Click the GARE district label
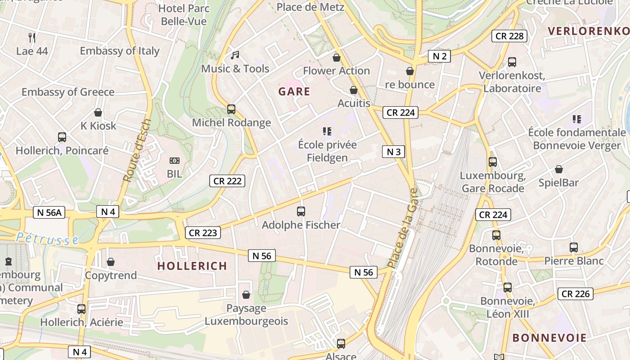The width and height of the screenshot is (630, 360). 294,92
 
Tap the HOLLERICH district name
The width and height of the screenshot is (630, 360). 192,266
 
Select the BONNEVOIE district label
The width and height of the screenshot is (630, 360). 549,338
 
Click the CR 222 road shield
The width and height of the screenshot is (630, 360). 227,181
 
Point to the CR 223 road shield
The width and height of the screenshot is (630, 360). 203,233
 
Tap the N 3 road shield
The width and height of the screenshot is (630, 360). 394,152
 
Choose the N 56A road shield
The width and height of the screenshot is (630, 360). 49,212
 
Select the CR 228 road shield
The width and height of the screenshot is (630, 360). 510,36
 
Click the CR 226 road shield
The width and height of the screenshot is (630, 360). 576,294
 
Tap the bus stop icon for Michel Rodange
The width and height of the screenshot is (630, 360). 231,109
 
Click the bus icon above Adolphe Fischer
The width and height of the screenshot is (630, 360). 301,211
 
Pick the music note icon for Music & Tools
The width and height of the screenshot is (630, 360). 234,55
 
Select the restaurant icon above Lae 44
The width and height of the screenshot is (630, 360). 32,37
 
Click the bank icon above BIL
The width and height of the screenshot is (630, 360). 175,160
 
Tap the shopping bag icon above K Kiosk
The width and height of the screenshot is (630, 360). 98,112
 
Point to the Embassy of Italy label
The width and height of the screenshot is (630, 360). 120,51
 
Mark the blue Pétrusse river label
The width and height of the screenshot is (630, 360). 47,239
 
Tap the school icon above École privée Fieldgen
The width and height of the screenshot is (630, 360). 327,131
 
